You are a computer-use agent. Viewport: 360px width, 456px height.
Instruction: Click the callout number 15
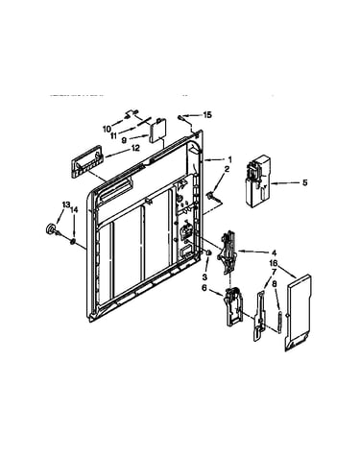coord(207,114)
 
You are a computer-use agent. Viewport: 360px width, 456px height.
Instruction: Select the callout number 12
coord(135,148)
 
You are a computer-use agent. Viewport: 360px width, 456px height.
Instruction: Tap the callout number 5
coord(304,182)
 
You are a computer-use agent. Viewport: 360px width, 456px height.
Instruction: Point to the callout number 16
coord(273,263)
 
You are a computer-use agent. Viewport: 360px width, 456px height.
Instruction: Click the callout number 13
coord(65,204)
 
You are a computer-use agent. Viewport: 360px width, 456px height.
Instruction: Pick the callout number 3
coord(205,277)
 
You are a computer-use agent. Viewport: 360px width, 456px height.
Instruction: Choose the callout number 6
coord(204,288)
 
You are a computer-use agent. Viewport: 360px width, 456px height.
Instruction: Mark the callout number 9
coord(124,139)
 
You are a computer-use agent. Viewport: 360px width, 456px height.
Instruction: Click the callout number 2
coord(227,169)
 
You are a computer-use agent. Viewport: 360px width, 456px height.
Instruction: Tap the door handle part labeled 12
coord(86,161)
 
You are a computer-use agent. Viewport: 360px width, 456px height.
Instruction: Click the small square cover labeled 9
coord(158,131)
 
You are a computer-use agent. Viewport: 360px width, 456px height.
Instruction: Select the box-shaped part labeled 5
coord(258,181)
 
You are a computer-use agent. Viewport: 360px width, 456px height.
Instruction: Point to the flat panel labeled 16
coord(299,313)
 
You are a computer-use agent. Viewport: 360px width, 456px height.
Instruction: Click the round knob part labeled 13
coord(50,229)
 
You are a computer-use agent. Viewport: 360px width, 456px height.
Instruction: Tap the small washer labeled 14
coord(73,241)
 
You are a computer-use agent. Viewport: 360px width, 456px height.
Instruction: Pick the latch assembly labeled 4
coord(228,252)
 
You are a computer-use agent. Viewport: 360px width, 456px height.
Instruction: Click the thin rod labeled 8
coord(280,323)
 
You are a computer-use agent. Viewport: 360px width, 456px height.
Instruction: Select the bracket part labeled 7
coord(260,315)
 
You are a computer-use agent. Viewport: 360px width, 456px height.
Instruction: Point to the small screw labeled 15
coord(181,118)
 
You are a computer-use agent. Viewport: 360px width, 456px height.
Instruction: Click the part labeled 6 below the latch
coord(234,306)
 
